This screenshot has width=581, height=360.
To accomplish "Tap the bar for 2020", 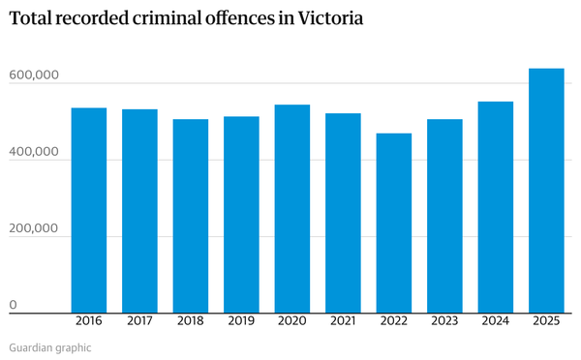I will pos(292,209).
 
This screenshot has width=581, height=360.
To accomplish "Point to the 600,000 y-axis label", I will pos(34,75).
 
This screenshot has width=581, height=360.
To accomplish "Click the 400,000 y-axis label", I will pos(34,152).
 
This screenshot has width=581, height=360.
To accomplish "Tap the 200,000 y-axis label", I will pos(34,229).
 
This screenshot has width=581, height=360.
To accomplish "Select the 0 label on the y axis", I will pos(14,306).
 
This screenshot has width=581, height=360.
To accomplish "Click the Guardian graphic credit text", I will pos(50,346).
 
